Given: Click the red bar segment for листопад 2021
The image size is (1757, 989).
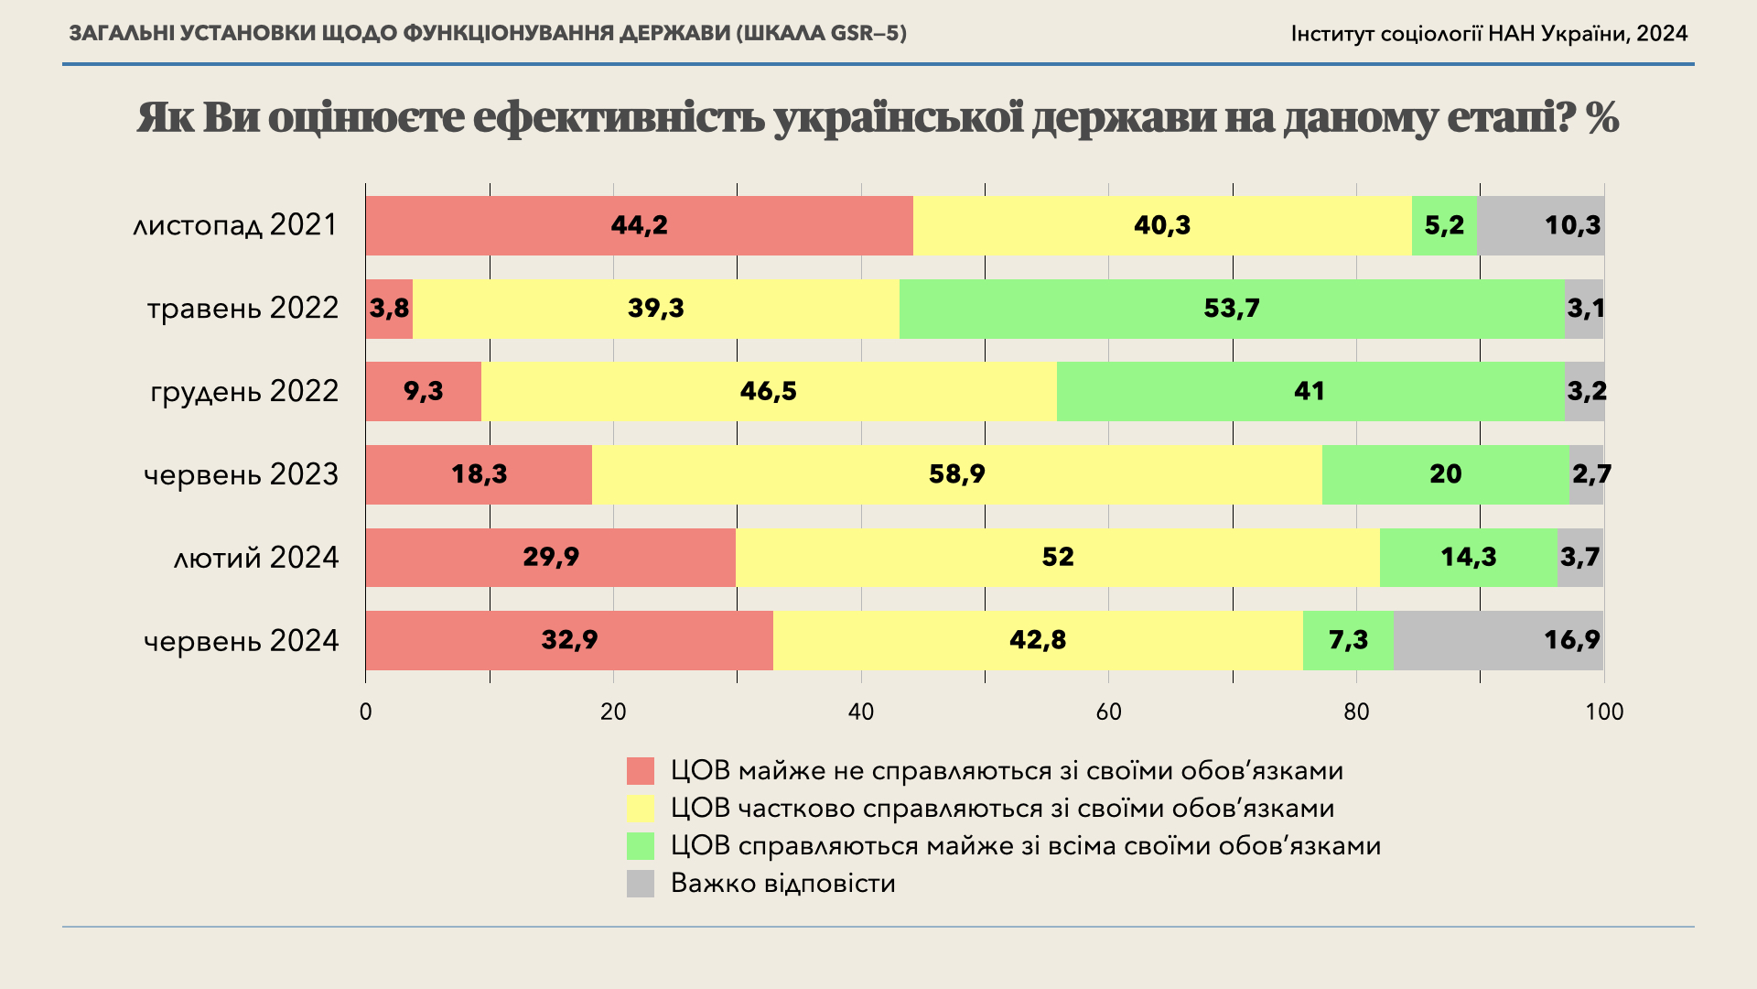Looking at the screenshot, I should click(639, 225).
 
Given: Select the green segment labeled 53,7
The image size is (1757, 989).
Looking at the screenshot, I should click(1232, 309).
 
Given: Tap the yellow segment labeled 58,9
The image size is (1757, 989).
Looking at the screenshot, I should click(956, 474).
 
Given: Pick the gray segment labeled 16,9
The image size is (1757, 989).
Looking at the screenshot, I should click(1498, 640).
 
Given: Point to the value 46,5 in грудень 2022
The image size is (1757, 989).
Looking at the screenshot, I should click(768, 392).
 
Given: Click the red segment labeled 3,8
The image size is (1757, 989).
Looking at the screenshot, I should click(389, 309).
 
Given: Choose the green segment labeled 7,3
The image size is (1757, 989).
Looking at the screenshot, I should click(1348, 640).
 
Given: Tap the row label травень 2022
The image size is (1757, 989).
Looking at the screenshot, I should click(243, 309).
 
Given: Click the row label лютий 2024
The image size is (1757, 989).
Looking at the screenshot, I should click(256, 558).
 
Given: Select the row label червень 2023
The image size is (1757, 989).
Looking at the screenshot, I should click(241, 474).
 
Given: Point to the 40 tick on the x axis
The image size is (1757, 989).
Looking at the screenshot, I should click(861, 712).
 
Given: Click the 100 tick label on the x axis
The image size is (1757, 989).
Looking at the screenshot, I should click(1603, 712).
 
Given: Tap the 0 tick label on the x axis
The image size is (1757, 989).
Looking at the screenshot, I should click(366, 712).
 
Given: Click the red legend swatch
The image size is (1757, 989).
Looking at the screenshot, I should click(641, 771).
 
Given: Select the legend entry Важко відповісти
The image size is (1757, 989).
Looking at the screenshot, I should click(782, 884).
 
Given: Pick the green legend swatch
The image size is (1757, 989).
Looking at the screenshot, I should click(641, 846).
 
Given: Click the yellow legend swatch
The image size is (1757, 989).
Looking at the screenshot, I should click(641, 809).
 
